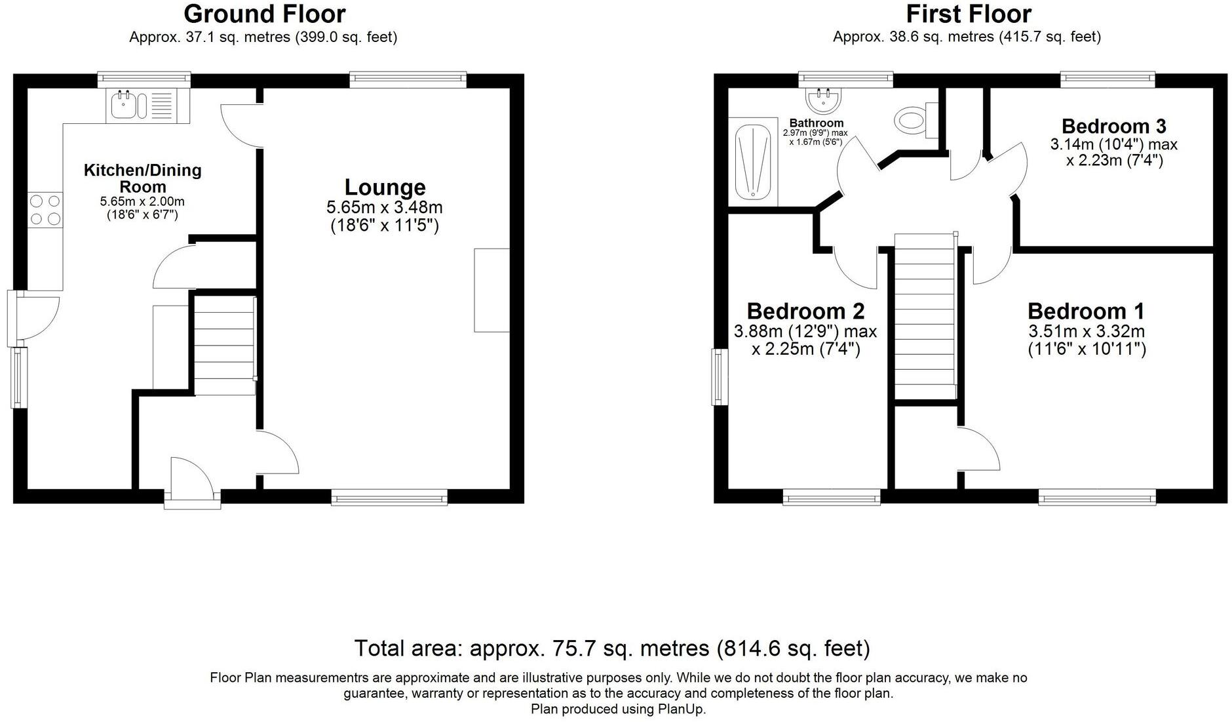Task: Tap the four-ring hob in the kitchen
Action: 45,210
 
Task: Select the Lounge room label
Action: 385,188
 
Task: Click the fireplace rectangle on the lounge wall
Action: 491,290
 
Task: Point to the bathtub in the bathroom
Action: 752,162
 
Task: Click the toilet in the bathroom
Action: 912,119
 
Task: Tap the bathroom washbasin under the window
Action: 823,100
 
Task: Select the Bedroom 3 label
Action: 1113,126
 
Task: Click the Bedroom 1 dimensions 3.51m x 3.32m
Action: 1086,331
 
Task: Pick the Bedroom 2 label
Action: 805,311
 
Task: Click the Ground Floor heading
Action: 264,14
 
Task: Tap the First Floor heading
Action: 968,14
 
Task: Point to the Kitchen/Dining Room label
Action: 142,178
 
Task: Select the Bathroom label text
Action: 816,123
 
